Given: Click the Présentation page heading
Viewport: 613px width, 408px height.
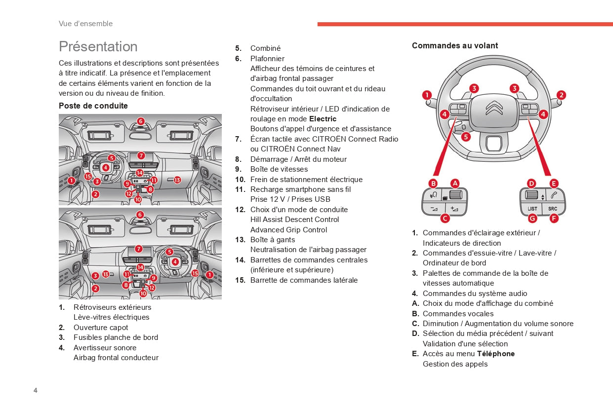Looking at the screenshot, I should [x=98, y=46].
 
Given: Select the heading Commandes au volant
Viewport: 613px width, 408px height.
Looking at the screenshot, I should [x=455, y=45].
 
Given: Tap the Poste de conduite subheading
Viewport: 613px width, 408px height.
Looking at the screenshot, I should [x=93, y=106].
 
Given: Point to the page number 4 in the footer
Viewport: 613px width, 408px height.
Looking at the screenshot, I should [x=35, y=390].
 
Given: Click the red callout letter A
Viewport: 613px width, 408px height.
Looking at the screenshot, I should [x=455, y=183].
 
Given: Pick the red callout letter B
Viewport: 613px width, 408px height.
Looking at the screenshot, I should [x=433, y=183].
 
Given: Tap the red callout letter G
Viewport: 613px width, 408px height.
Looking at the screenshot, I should [x=532, y=218].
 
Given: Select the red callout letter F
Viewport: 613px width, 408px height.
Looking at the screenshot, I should [x=554, y=218].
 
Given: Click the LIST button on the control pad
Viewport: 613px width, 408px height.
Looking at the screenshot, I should [x=532, y=208].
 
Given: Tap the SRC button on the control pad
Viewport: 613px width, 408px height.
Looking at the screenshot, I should [x=553, y=208].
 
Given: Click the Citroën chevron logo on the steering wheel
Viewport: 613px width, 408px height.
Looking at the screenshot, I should [x=494, y=108].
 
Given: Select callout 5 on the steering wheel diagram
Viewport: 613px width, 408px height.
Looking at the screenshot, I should [x=466, y=137].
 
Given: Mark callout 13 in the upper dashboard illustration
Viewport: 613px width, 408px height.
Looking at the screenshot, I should [x=177, y=180].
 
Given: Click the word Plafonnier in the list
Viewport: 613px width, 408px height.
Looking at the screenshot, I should [x=267, y=58].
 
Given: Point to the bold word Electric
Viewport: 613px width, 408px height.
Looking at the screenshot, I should [x=323, y=119].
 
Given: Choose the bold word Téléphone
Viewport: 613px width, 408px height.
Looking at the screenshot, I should [x=496, y=354].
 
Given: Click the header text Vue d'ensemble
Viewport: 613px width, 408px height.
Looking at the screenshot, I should [x=85, y=24].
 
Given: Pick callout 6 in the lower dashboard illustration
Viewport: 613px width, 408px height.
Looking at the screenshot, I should [x=140, y=215].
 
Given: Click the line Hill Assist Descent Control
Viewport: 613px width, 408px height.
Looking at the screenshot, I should [x=294, y=220].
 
